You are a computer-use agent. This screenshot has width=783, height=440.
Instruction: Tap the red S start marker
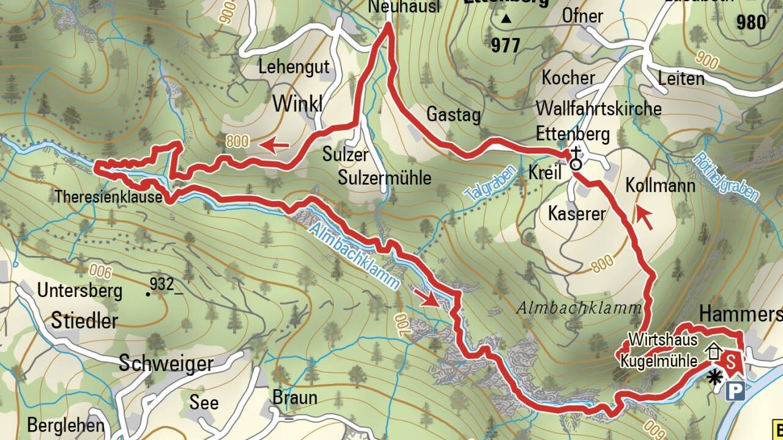click(x=730, y=362)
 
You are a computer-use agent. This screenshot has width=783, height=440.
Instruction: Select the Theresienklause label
click(x=108, y=197)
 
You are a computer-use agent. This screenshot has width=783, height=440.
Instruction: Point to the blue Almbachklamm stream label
click(x=354, y=255)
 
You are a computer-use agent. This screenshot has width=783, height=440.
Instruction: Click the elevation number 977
click(x=505, y=45)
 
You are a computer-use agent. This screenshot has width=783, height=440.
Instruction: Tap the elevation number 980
click(x=751, y=23)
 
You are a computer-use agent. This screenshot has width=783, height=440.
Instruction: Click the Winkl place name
click(x=297, y=103)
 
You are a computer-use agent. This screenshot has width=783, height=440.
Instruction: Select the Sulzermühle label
click(x=385, y=178)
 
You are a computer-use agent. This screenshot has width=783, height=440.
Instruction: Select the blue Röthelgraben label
click(x=727, y=177)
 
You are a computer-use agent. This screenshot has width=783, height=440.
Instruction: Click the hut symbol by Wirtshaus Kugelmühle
click(x=713, y=351)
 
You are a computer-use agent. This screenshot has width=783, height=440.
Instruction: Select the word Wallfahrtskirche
click(x=598, y=109)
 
